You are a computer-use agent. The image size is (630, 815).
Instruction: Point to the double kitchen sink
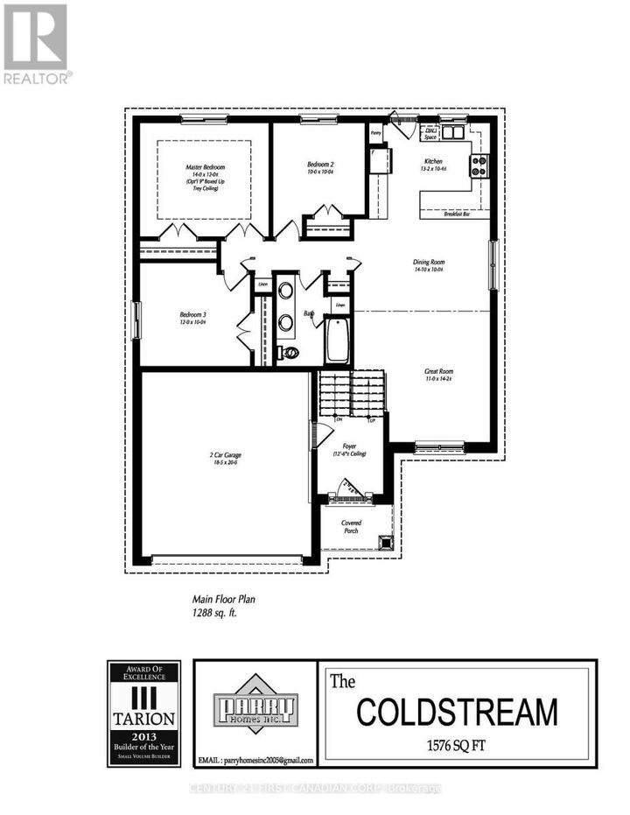[x=453, y=133]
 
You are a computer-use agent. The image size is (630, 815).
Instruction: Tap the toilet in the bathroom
[x=289, y=353]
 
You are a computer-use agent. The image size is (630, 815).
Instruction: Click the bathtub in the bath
[x=339, y=341]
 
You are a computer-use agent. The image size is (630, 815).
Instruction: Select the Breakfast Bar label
[x=457, y=214]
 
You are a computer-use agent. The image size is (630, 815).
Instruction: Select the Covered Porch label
[x=352, y=527]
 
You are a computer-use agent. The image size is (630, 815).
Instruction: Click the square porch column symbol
[x=384, y=540]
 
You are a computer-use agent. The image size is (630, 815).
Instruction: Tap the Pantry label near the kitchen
[x=375, y=133]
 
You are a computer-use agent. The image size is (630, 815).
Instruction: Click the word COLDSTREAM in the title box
[x=456, y=712]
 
